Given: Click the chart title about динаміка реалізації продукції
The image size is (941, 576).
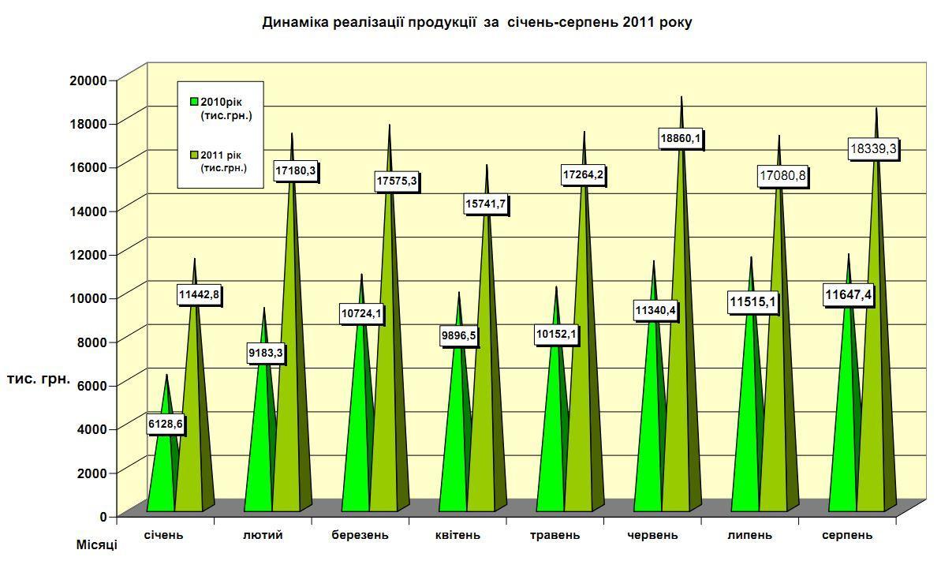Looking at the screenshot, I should click(x=476, y=22).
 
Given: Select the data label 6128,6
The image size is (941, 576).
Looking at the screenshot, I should click(x=166, y=425).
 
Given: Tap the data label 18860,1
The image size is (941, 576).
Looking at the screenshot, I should click(x=681, y=139).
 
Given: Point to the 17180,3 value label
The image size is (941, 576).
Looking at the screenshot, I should click(x=294, y=170).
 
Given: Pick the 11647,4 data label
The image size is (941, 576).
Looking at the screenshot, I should click(x=848, y=296).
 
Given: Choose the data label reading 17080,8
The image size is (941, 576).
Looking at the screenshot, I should click(x=783, y=176).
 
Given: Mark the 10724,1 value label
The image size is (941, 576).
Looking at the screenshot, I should click(x=361, y=314).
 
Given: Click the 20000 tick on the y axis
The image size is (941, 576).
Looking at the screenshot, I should click(x=88, y=80).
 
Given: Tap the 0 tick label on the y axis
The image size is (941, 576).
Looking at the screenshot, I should click(x=103, y=516).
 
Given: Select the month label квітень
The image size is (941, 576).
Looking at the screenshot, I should click(x=457, y=535).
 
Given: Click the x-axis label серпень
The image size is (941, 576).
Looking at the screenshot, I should click(x=847, y=535).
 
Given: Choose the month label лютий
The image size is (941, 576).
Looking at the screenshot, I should click(x=263, y=535).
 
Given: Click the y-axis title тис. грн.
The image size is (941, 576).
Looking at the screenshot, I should click(x=39, y=379).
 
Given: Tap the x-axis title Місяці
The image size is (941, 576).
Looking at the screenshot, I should click(x=96, y=545).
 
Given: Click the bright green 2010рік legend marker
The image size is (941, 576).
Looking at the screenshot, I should click(x=194, y=102).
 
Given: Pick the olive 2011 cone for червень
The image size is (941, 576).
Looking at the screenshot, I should click(x=679, y=355).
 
